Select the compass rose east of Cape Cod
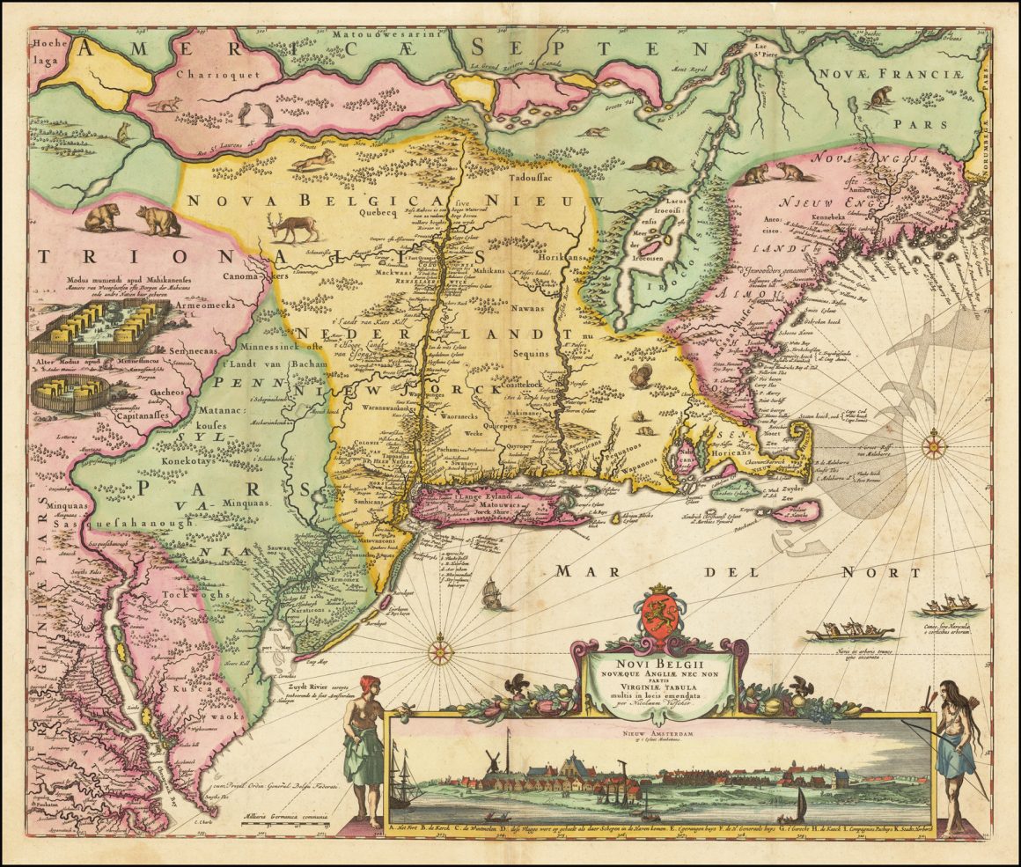click(934, 445)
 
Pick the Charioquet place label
click(205, 75)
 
